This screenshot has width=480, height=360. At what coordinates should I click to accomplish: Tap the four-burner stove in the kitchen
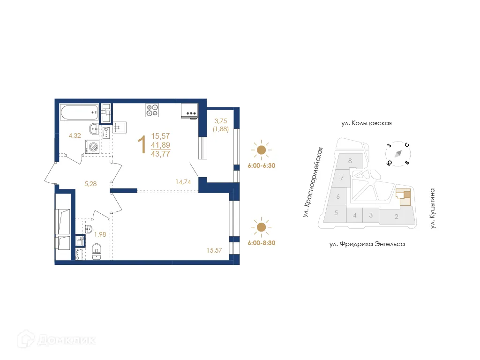(x=152, y=110)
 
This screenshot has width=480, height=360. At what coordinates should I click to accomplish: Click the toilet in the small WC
(x=97, y=251)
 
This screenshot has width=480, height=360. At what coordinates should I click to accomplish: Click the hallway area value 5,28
(x=90, y=184)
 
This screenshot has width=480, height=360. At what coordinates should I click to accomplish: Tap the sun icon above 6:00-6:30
(x=261, y=150)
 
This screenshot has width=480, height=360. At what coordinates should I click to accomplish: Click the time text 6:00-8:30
(x=261, y=243)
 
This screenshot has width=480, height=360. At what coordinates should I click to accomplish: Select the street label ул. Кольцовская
(x=366, y=123)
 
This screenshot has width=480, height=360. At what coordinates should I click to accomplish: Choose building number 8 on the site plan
(x=350, y=161)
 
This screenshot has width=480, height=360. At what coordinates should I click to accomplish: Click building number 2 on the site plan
(x=396, y=217)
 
